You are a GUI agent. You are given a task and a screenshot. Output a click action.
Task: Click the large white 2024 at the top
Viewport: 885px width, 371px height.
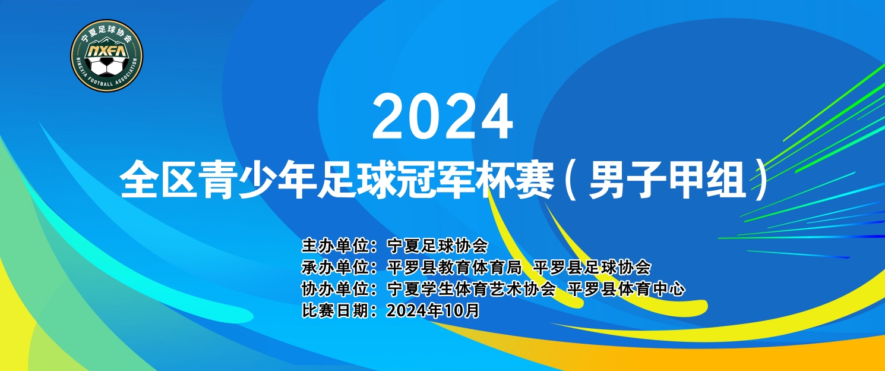click(442, 117)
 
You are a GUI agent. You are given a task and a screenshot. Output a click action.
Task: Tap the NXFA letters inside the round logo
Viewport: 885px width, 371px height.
click(107, 51)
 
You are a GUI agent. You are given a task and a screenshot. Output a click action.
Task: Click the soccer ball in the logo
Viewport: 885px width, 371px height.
click(107, 67)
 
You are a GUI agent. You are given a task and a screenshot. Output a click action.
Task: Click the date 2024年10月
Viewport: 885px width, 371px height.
click(433, 310)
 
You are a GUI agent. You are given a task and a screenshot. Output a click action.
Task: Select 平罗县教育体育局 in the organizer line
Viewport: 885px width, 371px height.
click(454, 268)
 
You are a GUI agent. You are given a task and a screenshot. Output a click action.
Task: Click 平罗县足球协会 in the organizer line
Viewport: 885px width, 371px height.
click(592, 268)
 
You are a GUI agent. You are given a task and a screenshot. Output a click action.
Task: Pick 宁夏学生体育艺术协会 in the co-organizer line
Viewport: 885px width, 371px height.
click(472, 289)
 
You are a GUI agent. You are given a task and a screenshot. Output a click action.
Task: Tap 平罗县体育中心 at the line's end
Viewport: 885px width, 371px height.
click(626, 289)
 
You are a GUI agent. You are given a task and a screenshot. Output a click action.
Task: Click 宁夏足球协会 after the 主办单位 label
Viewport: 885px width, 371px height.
click(438, 246)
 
